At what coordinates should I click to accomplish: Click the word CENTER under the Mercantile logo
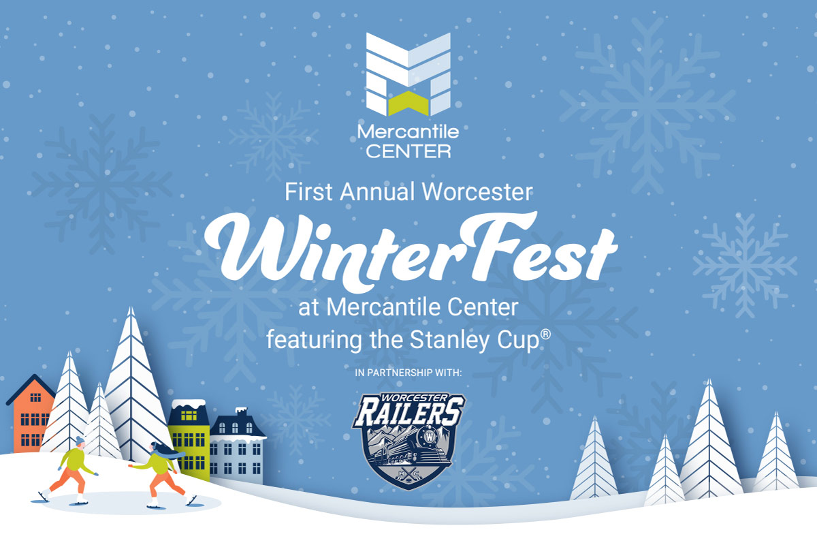[x=408, y=151]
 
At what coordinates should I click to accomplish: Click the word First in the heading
[x=308, y=191]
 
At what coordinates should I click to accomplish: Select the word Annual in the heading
[x=377, y=191]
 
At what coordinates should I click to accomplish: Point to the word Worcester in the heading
[x=477, y=191]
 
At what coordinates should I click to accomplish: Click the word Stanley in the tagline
[x=450, y=341]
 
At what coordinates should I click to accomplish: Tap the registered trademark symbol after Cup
[x=545, y=334]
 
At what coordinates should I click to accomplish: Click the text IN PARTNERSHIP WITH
[x=408, y=373]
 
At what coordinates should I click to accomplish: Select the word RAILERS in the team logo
[x=409, y=411]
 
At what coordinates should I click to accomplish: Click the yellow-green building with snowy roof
[x=189, y=439]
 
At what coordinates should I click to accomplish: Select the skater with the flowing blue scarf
[x=163, y=475]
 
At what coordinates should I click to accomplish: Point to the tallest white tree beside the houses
[x=131, y=384]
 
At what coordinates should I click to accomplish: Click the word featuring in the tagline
[x=315, y=341]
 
